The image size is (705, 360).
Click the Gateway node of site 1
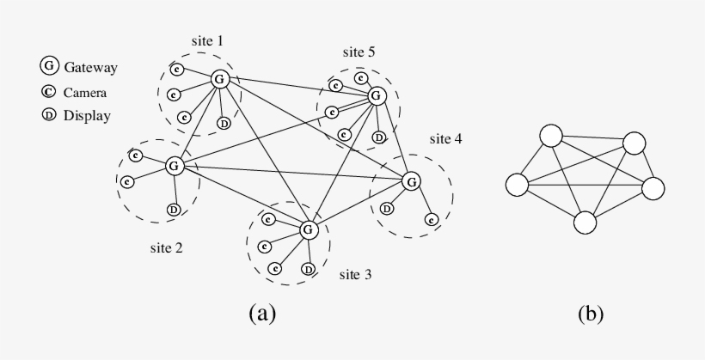click(x=219, y=80)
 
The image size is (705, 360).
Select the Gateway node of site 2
click(x=174, y=165)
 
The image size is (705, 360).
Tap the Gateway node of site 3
click(x=309, y=229)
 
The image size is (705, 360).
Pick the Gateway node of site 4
click(x=412, y=181)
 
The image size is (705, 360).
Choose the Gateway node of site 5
click(x=375, y=95)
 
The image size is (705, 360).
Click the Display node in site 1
click(x=224, y=124)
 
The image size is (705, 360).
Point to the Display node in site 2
click(x=174, y=210)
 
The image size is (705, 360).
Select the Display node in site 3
click(x=308, y=270)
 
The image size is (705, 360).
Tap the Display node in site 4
click(x=387, y=208)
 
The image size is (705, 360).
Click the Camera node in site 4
click(x=431, y=220)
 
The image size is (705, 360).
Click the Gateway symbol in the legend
click(x=50, y=66)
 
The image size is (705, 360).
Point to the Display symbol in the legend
click(x=50, y=114)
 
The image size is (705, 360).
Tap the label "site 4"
click(x=445, y=138)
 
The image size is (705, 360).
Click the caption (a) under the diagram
click(x=262, y=313)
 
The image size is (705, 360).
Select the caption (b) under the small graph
click(x=590, y=313)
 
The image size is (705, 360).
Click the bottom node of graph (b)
click(x=585, y=223)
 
